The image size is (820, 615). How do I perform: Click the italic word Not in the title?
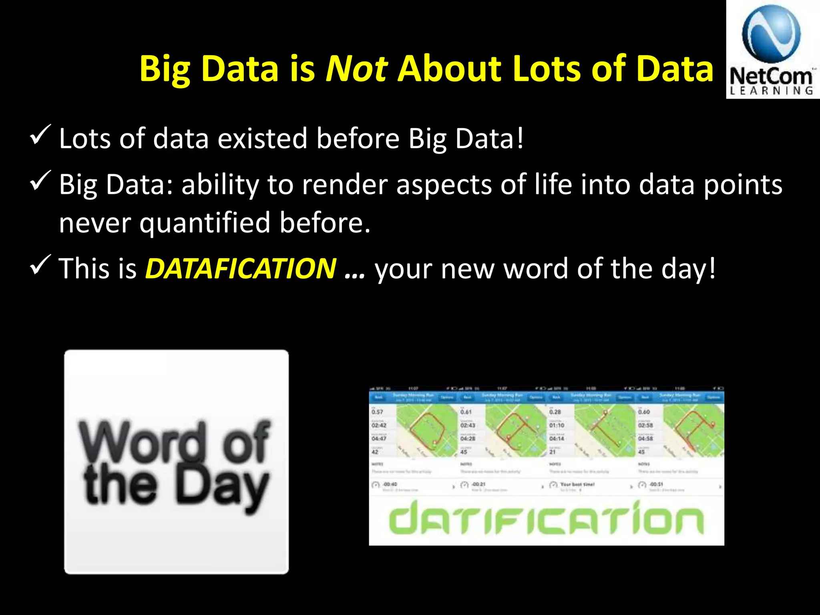(356, 68)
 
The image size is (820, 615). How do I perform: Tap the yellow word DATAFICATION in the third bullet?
(240, 268)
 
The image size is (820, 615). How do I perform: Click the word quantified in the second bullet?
(205, 223)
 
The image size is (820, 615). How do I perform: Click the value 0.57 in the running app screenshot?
(377, 412)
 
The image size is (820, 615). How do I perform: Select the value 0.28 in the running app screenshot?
(555, 412)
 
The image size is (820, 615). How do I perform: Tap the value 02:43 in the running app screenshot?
(467, 425)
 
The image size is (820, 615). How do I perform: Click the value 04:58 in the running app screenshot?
(645, 438)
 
